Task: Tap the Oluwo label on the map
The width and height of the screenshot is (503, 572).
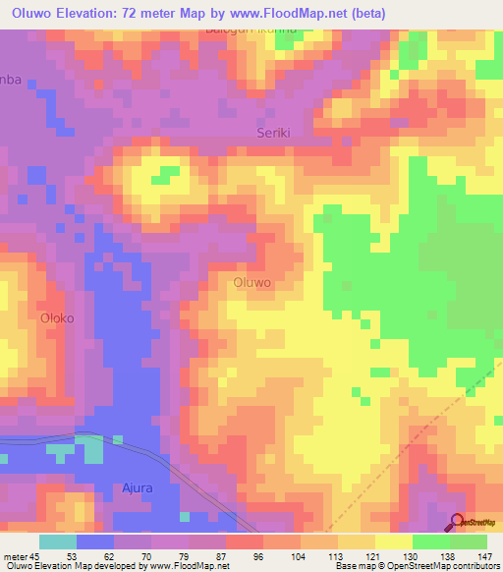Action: tap(253, 282)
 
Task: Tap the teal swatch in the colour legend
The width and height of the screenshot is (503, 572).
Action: tap(58, 542)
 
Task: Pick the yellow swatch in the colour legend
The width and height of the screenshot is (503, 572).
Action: tap(393, 542)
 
